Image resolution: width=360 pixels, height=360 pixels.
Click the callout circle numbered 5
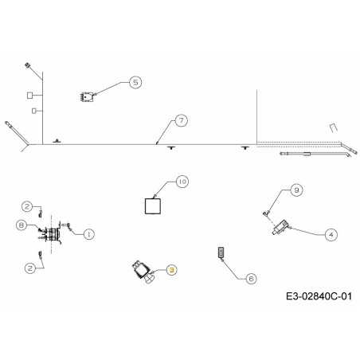135,82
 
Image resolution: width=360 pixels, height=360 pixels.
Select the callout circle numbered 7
182,121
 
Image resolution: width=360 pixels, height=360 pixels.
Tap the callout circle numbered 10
182,182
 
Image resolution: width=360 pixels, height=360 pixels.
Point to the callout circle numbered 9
296,190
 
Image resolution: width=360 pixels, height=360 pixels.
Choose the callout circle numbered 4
331,235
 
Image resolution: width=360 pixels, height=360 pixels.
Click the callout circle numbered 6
251,279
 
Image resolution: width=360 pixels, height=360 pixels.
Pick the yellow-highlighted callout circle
171,270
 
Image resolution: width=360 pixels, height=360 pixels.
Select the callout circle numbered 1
88,234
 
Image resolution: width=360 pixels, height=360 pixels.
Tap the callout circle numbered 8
22,225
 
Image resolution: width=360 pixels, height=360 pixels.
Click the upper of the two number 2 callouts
27,206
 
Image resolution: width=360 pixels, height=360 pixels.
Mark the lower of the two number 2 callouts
30,268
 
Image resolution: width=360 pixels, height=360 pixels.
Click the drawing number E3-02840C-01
319,296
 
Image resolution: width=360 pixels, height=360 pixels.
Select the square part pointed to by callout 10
153,206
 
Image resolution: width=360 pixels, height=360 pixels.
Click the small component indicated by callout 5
87,97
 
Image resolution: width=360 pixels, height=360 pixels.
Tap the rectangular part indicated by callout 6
221,252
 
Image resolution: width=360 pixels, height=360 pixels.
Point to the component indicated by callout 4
280,228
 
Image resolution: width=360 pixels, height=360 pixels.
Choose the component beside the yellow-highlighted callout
143,272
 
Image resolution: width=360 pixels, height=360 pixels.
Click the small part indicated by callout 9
266,213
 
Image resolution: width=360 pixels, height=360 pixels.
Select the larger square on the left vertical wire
30,95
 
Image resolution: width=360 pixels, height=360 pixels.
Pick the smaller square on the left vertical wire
34,111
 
